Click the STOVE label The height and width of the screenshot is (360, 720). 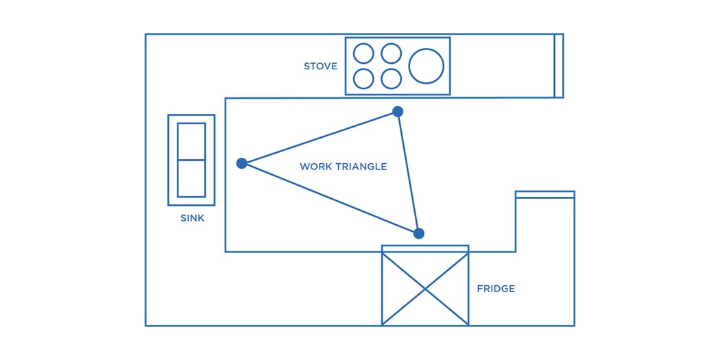pyautogui.click(x=320, y=67)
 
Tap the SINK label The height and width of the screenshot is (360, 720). pyautogui.click(x=192, y=218)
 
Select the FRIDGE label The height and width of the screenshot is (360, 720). pyautogui.click(x=496, y=289)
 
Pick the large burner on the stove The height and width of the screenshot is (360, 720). pyautogui.click(x=426, y=67)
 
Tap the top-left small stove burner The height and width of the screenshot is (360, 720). pyautogui.click(x=363, y=53)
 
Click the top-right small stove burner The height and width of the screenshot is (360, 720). pyautogui.click(x=391, y=53)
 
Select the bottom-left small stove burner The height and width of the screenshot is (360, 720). pyautogui.click(x=363, y=79)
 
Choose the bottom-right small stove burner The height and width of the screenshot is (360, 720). pyautogui.click(x=391, y=79)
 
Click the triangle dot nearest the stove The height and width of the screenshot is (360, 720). pyautogui.click(x=398, y=111)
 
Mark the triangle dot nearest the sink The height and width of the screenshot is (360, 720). pyautogui.click(x=241, y=163)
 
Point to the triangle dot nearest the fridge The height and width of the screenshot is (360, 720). pyautogui.click(x=419, y=233)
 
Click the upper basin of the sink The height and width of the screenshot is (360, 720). pyautogui.click(x=191, y=141)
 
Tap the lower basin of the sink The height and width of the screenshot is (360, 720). pyautogui.click(x=191, y=178)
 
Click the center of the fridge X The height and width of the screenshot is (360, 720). pyautogui.click(x=425, y=289)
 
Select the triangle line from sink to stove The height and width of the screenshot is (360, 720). pyautogui.click(x=320, y=137)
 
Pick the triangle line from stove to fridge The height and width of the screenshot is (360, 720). pyautogui.click(x=408, y=171)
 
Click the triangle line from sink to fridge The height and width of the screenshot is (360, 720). pyautogui.click(x=329, y=198)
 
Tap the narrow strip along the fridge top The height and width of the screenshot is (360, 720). pyautogui.click(x=425, y=249)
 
